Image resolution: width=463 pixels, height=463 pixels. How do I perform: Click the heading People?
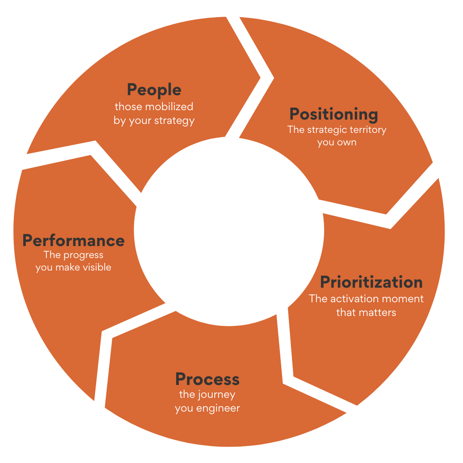pyautogui.click(x=154, y=90)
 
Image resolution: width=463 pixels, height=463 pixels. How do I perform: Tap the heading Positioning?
pyautogui.click(x=334, y=114)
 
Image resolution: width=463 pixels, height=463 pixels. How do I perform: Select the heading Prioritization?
pyautogui.click(x=371, y=282)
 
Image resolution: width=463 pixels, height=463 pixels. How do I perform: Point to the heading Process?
pyautogui.click(x=207, y=379)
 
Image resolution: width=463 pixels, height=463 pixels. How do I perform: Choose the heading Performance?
pyautogui.click(x=73, y=241)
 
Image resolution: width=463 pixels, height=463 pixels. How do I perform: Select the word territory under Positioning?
pyautogui.click(x=369, y=129)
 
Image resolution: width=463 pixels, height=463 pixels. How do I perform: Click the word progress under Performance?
pyautogui.click(x=83, y=256)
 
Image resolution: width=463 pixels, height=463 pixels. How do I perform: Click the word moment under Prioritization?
pyautogui.click(x=400, y=299)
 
